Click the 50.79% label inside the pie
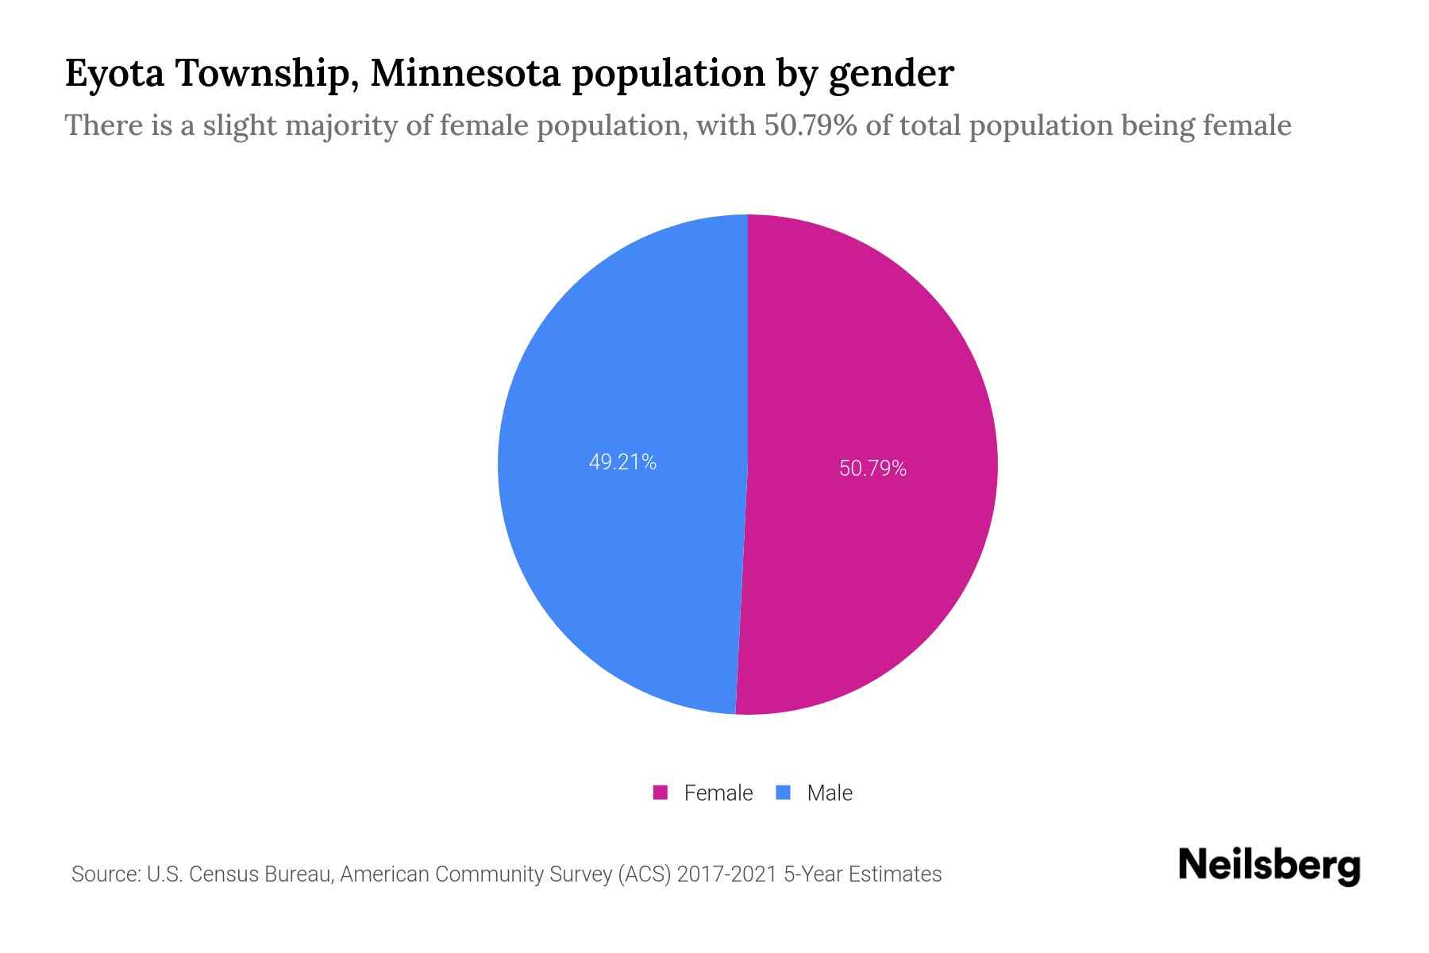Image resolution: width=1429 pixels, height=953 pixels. coord(872,469)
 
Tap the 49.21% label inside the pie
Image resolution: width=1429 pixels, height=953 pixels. coord(622,462)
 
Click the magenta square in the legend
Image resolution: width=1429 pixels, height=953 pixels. coord(660,793)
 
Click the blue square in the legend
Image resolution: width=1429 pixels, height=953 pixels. coord(784,793)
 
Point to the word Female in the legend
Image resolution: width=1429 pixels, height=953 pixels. coord(718,793)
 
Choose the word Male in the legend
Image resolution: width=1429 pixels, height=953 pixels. coord(830,793)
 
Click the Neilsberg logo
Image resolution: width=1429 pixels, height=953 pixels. coord(1269,866)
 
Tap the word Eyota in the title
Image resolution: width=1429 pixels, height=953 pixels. coord(114,74)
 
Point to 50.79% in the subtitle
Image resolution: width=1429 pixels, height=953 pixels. coord(811,125)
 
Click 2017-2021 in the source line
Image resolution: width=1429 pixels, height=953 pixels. coord(726,874)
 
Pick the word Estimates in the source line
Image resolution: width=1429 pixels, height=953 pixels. coord(895,874)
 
